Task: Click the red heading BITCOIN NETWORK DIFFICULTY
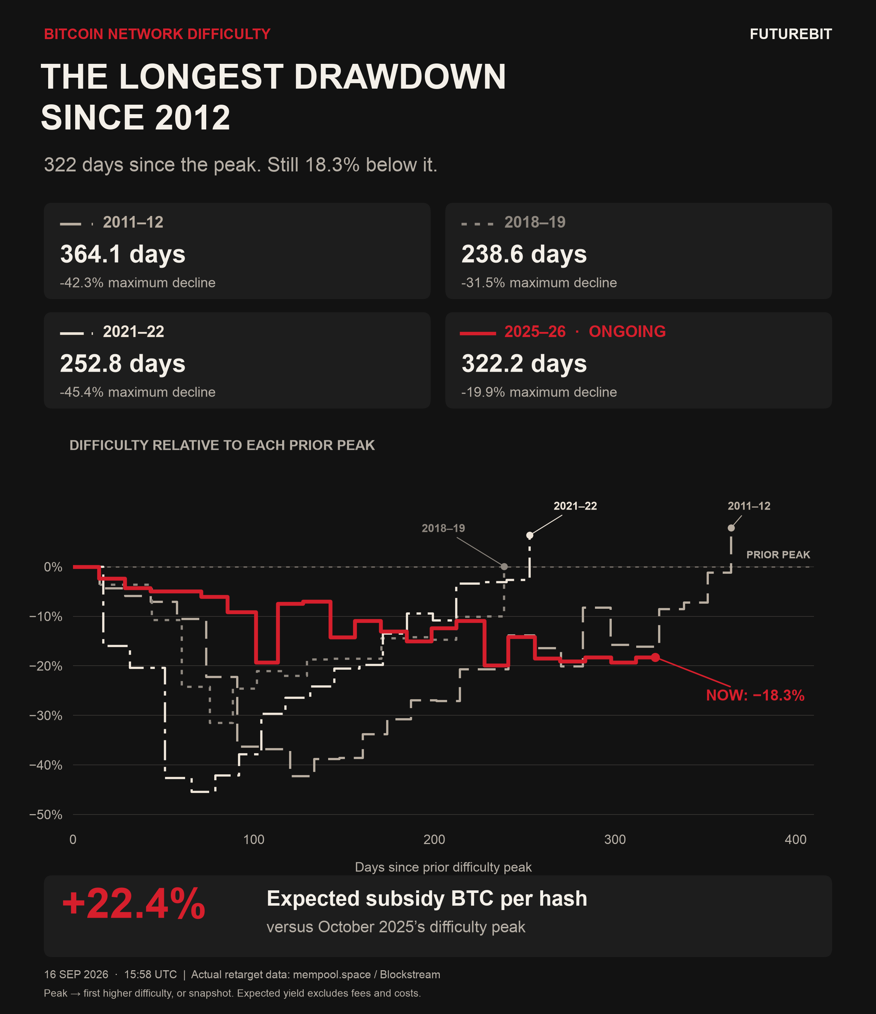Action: (x=157, y=34)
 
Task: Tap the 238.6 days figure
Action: (x=524, y=255)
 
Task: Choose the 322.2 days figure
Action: (x=524, y=364)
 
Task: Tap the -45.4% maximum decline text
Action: (x=138, y=392)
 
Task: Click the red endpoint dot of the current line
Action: (x=655, y=657)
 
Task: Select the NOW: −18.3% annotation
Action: (x=755, y=696)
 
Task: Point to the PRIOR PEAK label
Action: (x=778, y=555)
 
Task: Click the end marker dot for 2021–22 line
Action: (x=529, y=535)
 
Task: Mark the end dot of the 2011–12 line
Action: (x=731, y=528)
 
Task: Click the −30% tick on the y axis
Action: (x=46, y=716)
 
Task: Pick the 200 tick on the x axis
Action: (x=434, y=840)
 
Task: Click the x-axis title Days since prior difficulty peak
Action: (x=443, y=867)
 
